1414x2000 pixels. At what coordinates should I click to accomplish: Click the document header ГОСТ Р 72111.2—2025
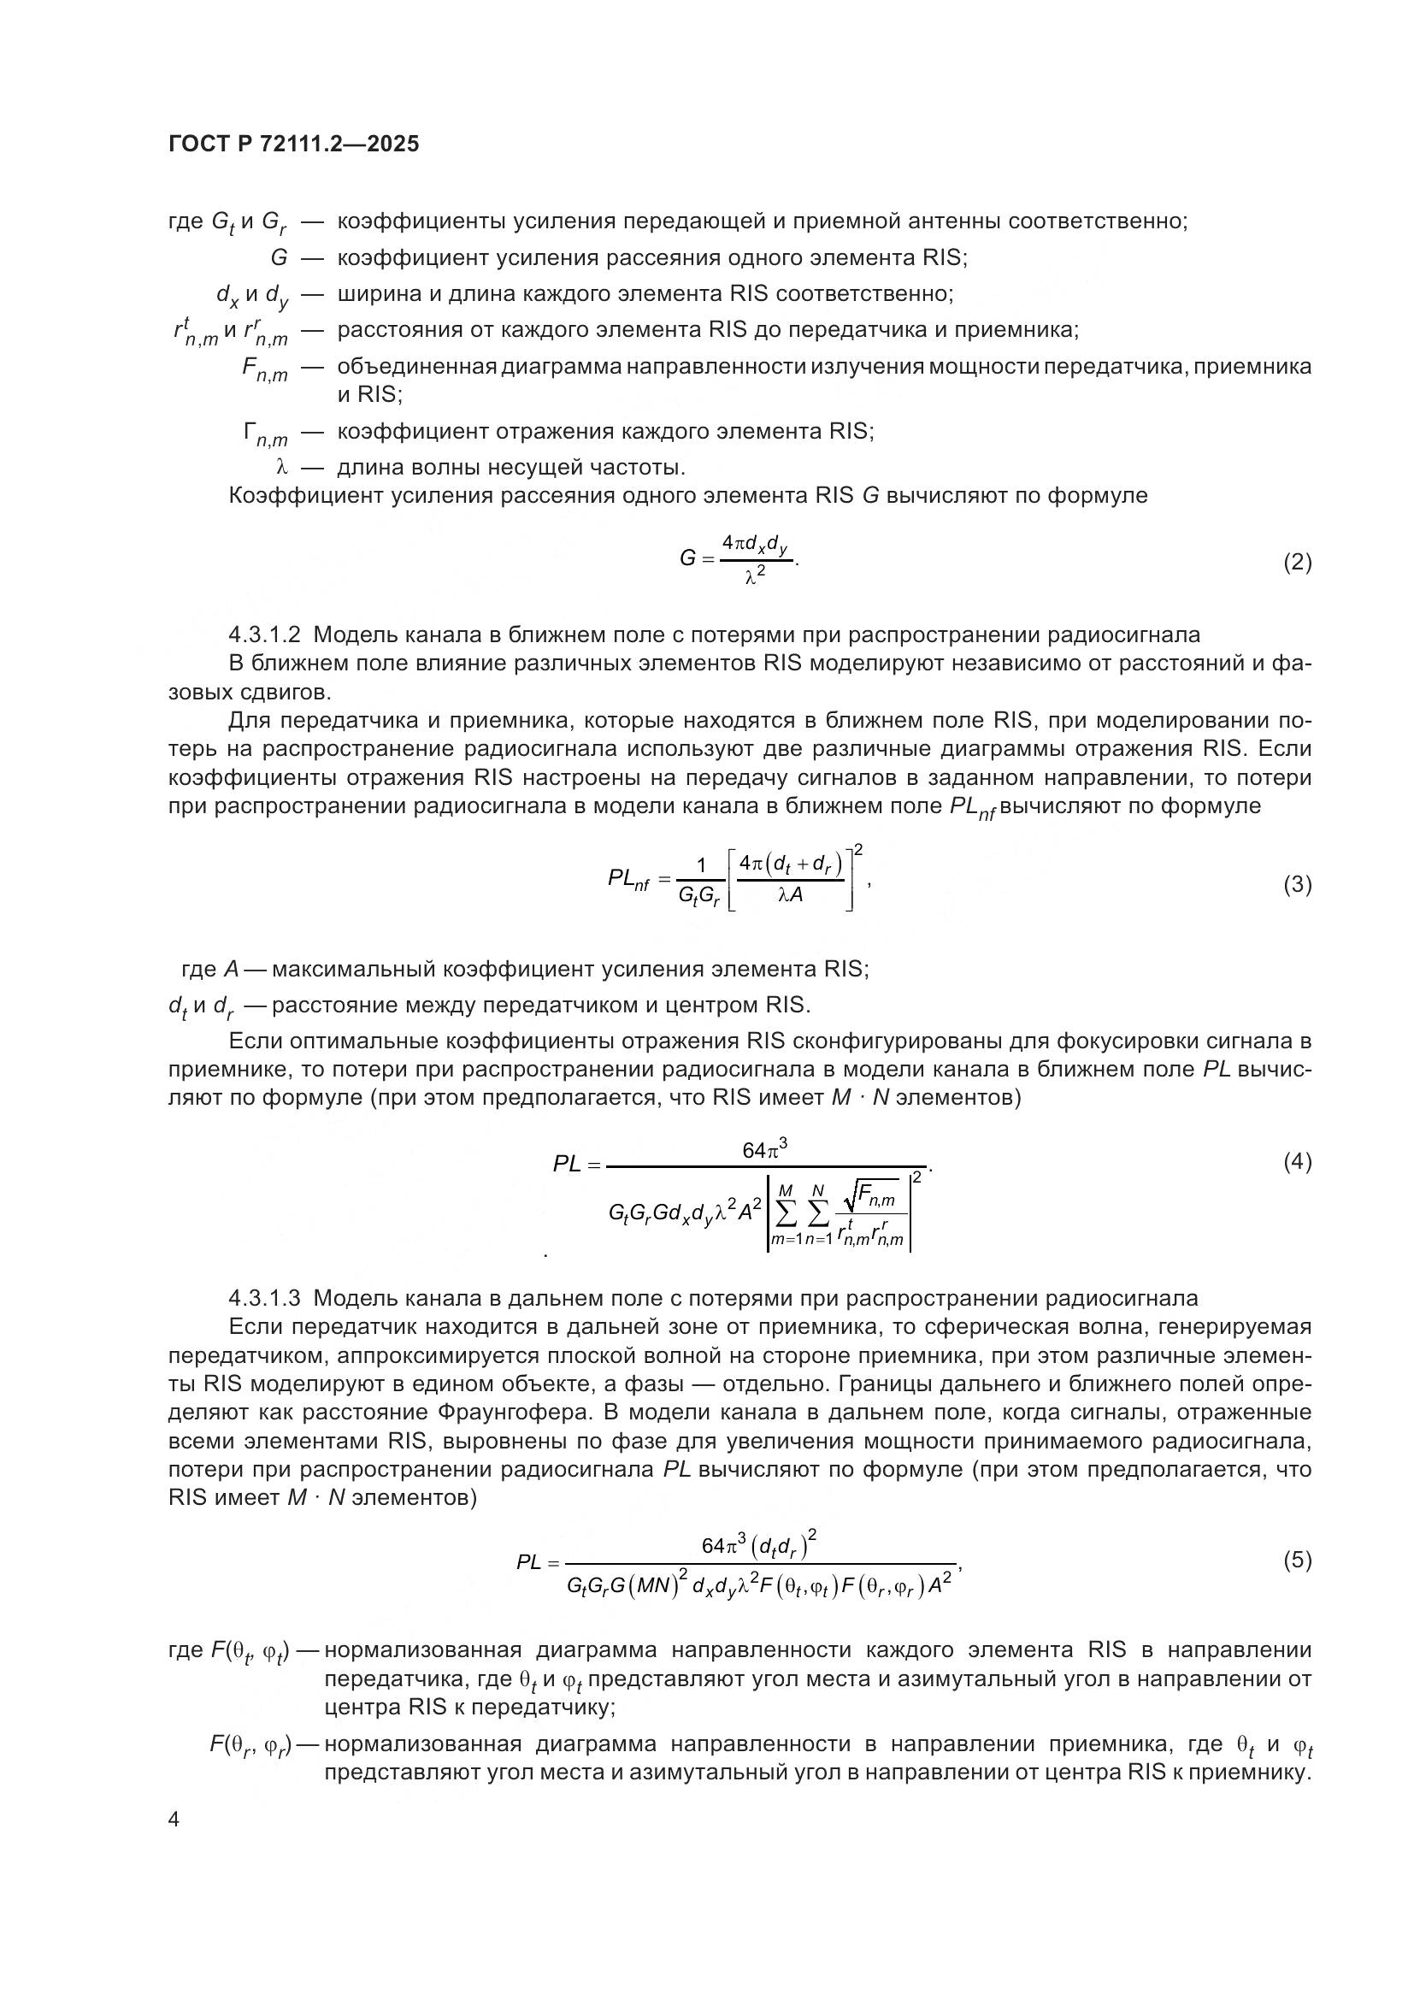point(293,144)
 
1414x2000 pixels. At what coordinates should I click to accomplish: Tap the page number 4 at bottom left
point(174,1820)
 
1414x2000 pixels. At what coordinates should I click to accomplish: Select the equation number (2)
point(1298,562)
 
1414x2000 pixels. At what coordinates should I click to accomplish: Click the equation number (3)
point(1298,884)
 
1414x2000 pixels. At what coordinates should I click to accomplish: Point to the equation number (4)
point(1298,1161)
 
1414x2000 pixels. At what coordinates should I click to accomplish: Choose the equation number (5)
point(1298,1560)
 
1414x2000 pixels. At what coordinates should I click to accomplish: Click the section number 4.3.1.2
point(265,635)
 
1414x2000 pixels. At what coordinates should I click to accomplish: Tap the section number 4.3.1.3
point(265,1299)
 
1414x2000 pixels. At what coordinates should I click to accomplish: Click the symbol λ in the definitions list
point(281,468)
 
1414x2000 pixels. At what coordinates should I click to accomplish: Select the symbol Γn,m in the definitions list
point(265,433)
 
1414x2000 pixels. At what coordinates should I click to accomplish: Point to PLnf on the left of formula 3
point(628,880)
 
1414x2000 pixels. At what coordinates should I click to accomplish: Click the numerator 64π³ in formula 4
point(764,1151)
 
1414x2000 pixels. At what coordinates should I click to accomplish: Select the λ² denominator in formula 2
point(755,575)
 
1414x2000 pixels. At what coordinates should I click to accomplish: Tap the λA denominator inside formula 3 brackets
point(790,894)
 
